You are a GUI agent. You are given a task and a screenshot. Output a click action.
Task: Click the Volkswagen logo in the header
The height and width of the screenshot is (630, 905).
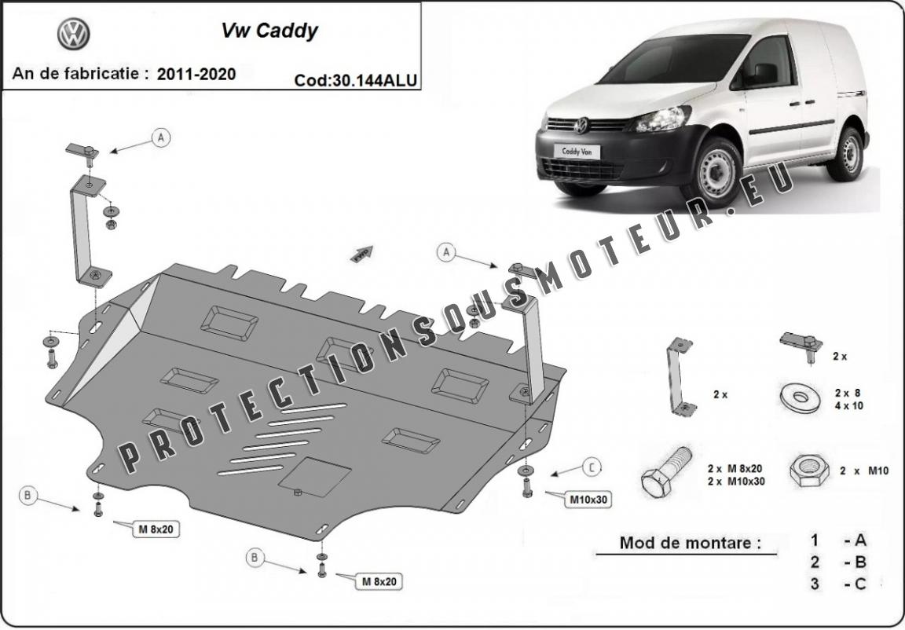(x=74, y=34)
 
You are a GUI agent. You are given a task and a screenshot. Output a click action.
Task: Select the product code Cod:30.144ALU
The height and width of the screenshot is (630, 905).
(x=355, y=79)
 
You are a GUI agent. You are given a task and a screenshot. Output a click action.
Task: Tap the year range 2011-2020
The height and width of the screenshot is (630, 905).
(x=196, y=74)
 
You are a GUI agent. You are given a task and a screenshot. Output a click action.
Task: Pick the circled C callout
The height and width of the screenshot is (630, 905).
(x=592, y=467)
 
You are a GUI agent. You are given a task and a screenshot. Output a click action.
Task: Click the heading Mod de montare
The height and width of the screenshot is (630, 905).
(x=690, y=543)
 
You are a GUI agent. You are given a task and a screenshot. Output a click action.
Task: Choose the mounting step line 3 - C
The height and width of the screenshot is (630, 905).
(x=838, y=583)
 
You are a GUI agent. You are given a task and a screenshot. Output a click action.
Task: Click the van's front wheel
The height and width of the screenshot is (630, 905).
(x=713, y=172)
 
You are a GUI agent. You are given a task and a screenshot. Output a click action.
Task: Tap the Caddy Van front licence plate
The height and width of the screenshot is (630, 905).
(x=575, y=152)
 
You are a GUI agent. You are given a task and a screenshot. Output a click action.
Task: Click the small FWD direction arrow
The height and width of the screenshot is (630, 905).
(x=362, y=252)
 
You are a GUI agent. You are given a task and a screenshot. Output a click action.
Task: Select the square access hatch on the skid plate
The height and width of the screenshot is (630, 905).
(x=315, y=475)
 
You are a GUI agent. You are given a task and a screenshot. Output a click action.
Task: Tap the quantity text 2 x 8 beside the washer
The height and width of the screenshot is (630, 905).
(x=848, y=392)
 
